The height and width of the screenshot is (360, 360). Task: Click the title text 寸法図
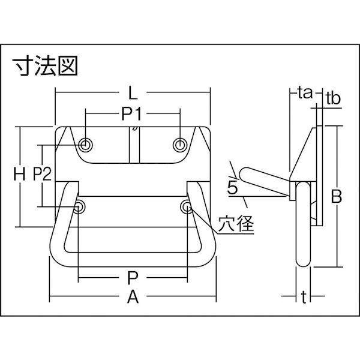coord(45,65)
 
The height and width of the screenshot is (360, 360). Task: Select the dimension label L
coord(133,93)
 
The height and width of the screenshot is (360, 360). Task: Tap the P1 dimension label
coord(132,114)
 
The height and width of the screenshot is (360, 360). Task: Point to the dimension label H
coord(19,174)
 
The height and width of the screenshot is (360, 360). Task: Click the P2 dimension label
coord(42,174)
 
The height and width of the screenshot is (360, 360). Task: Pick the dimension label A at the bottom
coord(133,296)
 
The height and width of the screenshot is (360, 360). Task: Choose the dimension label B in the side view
coord(337,196)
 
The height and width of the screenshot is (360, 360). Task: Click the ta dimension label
coord(305,93)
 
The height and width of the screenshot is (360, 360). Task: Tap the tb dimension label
coord(333,98)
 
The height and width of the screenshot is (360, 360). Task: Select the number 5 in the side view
coord(233,188)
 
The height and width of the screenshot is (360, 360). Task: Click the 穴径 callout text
coord(236,223)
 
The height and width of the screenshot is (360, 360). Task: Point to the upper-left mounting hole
coord(85,145)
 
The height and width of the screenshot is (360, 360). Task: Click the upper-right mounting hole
coord(180,145)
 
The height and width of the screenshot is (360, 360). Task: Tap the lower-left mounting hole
coord(78,206)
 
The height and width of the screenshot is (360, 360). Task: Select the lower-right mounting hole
coord(187,206)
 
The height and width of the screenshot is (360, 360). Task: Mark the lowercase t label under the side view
coord(304,297)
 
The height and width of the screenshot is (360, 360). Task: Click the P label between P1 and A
coord(133,278)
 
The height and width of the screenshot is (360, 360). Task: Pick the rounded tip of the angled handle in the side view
coord(242,175)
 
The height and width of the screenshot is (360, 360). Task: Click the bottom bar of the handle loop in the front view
coord(133,259)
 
